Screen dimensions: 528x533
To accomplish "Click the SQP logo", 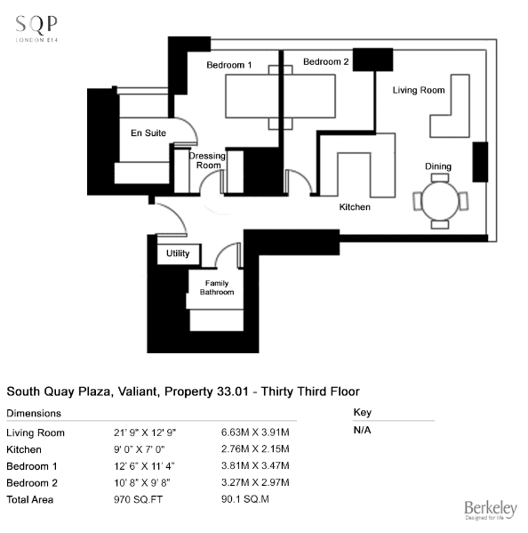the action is coord(36,28).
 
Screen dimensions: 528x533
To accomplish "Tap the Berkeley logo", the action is coord(491,510).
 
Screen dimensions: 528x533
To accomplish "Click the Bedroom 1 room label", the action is coord(229,65).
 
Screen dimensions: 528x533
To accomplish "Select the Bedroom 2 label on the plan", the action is coord(326,62).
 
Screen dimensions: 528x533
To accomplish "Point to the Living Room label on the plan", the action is coord(419,90).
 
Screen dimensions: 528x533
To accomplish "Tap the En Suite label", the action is coord(148,133).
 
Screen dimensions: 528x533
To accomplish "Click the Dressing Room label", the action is coord(207,160).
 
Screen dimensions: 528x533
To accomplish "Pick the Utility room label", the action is coord(178,254).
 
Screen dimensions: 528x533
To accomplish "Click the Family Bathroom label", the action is coord(217,287).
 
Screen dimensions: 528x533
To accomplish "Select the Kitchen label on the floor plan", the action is coord(355,207).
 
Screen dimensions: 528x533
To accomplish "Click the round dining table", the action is coord(440,201).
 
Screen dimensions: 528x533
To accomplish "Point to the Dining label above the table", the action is coord(438,166).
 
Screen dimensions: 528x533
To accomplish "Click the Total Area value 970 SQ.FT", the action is coord(138,500).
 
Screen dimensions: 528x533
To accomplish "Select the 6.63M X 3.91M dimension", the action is coord(255,432).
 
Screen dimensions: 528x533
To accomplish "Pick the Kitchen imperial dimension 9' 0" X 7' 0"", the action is coord(140,449).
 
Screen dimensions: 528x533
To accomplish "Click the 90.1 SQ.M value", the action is coord(245,499).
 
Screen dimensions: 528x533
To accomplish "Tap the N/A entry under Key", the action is coord(363,431).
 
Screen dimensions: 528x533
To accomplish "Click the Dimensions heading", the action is coord(34,414).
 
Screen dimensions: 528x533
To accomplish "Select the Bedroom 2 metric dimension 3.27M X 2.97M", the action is coord(255,482).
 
